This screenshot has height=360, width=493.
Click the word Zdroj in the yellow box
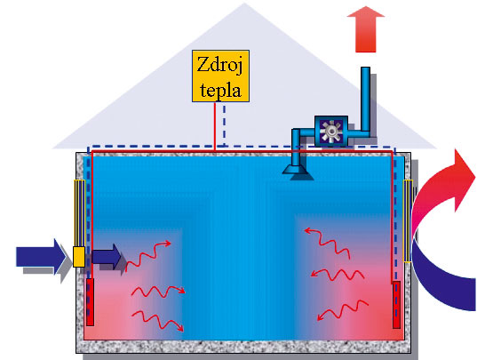tap(220, 66)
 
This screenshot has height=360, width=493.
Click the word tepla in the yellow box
tap(220, 91)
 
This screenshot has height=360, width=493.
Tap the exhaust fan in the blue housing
tap(330, 132)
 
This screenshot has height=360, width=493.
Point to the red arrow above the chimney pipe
tap(366, 29)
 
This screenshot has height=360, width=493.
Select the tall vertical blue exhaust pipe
tap(365, 99)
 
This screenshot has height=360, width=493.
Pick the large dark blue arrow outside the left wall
tap(41, 257)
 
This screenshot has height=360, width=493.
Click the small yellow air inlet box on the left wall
tap(79, 257)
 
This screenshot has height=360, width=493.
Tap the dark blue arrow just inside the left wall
tap(107, 257)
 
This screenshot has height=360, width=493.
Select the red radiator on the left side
tap(90, 302)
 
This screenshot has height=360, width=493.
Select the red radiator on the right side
tap(396, 305)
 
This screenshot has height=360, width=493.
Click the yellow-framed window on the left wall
tap(80, 213)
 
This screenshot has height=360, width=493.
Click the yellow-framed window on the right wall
tap(408, 220)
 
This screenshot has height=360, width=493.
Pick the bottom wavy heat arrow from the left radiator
tap(157, 320)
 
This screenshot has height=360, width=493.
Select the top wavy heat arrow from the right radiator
tap(327, 243)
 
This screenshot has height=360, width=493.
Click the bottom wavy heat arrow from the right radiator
tap(343, 310)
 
